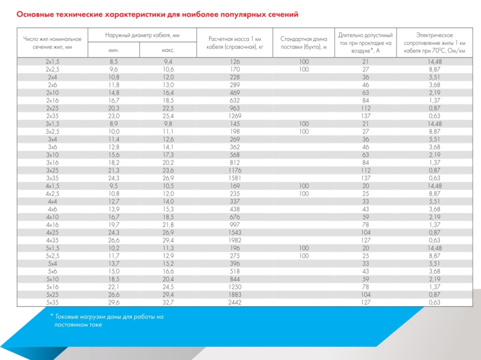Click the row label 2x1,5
click(x=52, y=62)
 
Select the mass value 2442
click(x=234, y=302)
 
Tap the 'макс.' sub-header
click(x=168, y=50)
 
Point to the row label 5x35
click(x=52, y=302)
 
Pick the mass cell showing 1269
click(x=234, y=116)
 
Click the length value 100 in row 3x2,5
click(x=303, y=131)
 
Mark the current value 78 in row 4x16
click(x=365, y=225)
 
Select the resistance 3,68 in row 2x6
click(x=434, y=85)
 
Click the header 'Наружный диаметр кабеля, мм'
click(x=142, y=35)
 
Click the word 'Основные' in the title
click(x=34, y=15)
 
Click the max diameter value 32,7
click(x=168, y=302)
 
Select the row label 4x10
click(x=52, y=217)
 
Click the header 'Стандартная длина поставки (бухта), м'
click(x=303, y=43)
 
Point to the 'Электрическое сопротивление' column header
click(x=434, y=43)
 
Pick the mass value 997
click(x=234, y=225)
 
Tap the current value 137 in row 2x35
click(x=365, y=116)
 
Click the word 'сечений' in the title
click(x=282, y=15)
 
